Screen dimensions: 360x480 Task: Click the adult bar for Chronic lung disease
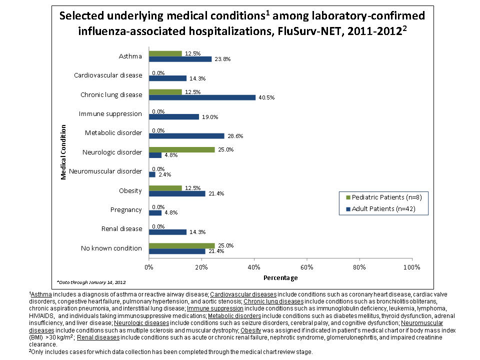(x=202, y=97)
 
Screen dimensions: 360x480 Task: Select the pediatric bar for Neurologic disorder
(x=181, y=149)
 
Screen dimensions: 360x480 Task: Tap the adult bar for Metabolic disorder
(x=186, y=136)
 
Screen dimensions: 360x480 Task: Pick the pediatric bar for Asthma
(x=165, y=53)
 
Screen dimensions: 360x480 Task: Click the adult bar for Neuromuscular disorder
(x=152, y=174)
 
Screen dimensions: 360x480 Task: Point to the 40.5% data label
(x=264, y=97)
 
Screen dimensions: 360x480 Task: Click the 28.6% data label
(x=233, y=136)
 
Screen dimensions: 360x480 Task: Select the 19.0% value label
(x=208, y=117)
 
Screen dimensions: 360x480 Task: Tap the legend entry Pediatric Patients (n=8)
(x=387, y=197)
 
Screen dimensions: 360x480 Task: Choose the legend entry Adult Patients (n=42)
(x=384, y=208)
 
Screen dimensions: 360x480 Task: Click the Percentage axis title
(x=280, y=277)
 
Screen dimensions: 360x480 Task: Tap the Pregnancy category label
(x=126, y=210)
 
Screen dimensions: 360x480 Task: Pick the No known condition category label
(x=111, y=248)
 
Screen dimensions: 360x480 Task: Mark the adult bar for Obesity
(x=177, y=193)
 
